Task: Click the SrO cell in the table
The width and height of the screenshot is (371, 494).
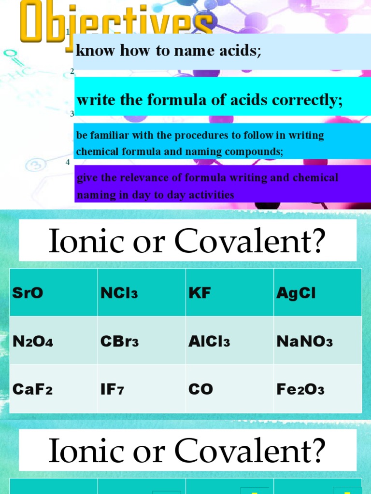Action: point(28,293)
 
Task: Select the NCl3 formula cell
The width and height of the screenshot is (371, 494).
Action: point(119,293)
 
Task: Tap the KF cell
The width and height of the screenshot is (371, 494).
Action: point(200,293)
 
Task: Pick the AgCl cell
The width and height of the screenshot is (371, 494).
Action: point(296,293)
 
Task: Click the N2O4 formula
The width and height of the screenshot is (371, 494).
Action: point(33,342)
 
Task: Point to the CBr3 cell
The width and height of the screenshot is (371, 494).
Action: point(119,342)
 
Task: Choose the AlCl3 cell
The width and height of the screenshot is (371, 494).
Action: point(209,342)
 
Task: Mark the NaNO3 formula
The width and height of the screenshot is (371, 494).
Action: point(304,342)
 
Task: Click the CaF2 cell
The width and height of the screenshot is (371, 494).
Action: point(32,390)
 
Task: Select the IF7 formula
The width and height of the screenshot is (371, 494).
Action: point(112,390)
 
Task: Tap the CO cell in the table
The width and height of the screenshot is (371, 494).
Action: point(200,390)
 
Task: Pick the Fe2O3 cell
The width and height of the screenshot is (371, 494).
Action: point(300,390)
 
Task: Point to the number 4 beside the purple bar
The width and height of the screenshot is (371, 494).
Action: point(68,162)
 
